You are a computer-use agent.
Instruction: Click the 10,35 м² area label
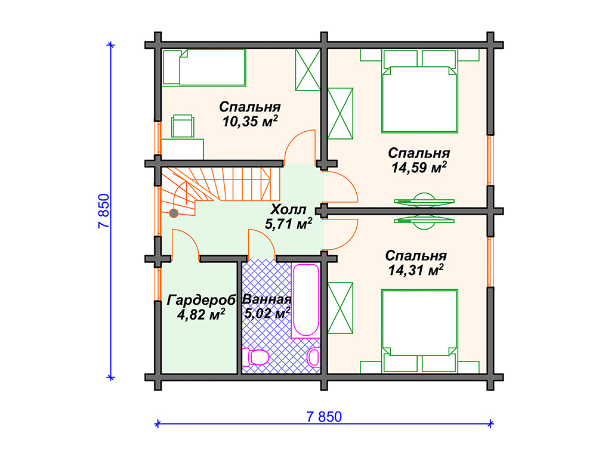click(250, 121)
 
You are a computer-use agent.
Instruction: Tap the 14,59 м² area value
click(419, 168)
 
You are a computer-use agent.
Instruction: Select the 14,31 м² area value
click(416, 270)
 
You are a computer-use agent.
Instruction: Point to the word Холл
click(288, 209)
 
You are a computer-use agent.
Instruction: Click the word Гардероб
click(201, 300)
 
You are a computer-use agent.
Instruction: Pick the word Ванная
click(267, 299)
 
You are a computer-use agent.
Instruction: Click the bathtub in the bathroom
click(305, 301)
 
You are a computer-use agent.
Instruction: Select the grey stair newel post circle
click(174, 213)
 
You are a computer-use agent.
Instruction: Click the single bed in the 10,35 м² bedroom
click(204, 67)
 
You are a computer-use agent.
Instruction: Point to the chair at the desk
click(183, 126)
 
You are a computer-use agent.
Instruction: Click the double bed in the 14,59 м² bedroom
click(419, 91)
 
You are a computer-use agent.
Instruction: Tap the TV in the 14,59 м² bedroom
click(424, 200)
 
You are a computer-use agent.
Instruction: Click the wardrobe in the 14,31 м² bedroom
click(340, 308)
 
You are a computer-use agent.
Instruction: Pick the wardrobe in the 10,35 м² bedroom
click(307, 70)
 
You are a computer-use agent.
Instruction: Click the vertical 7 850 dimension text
click(104, 211)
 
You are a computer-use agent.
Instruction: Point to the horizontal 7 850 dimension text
click(324, 417)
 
